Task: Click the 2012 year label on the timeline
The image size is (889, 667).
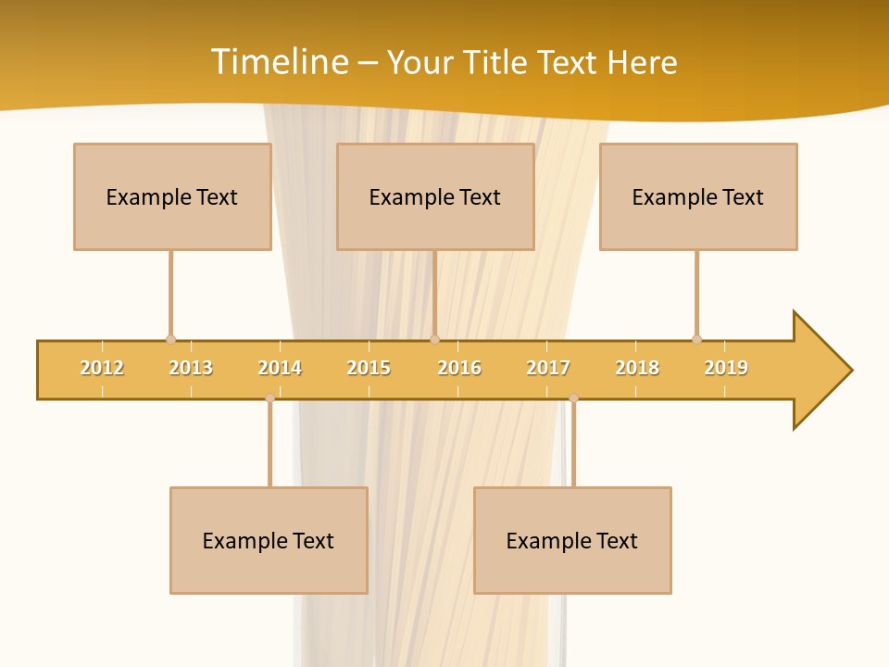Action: [x=102, y=368]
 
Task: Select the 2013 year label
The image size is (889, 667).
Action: [x=191, y=368]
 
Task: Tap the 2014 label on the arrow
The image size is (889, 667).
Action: [x=280, y=368]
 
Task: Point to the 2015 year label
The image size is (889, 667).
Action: [x=369, y=368]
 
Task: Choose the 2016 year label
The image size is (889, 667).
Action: [x=459, y=368]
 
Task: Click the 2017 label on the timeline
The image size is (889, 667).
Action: [x=548, y=368]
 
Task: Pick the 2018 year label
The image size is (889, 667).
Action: [x=637, y=368]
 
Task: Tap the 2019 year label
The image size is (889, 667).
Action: [x=726, y=368]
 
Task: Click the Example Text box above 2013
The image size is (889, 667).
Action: [x=172, y=196]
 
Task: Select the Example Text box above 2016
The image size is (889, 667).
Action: [x=435, y=196]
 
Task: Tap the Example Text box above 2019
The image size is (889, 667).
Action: [x=698, y=196]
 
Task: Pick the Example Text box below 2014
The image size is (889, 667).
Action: [x=269, y=540]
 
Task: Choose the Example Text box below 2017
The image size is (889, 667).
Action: [x=572, y=540]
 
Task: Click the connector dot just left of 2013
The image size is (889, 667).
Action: [x=170, y=339]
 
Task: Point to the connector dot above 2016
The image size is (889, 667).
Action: [x=434, y=339]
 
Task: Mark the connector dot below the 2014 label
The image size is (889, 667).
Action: [x=269, y=398]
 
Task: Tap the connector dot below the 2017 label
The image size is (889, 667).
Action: [x=573, y=398]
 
